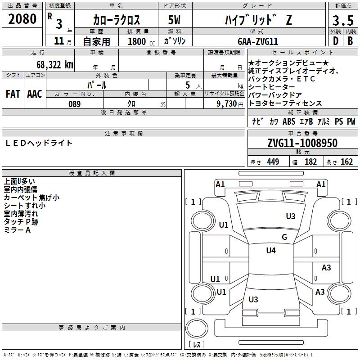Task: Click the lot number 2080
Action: click(22, 19)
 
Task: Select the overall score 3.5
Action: click(342, 21)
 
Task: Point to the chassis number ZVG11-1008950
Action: click(302, 143)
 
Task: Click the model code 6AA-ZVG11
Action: click(258, 41)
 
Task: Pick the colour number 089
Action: click(75, 104)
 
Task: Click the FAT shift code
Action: click(13, 94)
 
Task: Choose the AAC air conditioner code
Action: click(35, 94)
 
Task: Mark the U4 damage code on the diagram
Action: click(270, 251)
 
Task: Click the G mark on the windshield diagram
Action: click(284, 237)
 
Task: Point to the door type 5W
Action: click(174, 20)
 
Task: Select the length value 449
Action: click(273, 162)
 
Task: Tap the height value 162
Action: click(346, 162)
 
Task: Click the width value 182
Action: click(310, 162)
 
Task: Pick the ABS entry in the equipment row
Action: click(289, 121)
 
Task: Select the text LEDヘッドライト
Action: click(39, 143)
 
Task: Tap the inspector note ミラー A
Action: click(17, 230)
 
